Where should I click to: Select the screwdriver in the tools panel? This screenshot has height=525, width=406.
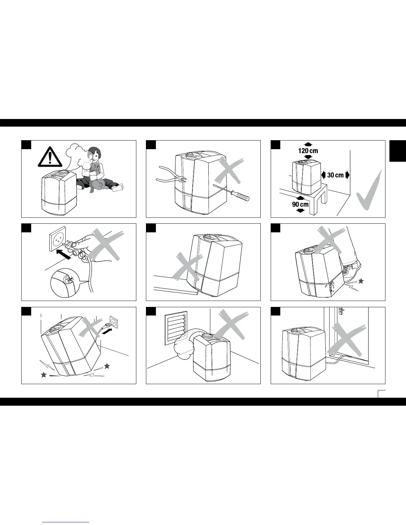(x=233, y=192)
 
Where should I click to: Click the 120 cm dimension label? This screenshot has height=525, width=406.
(x=308, y=151)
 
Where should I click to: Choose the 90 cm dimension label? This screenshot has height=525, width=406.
(x=300, y=204)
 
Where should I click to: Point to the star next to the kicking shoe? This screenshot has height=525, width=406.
(x=361, y=281)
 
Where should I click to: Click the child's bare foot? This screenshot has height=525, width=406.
(x=118, y=188)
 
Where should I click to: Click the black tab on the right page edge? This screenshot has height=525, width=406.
(x=398, y=151)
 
